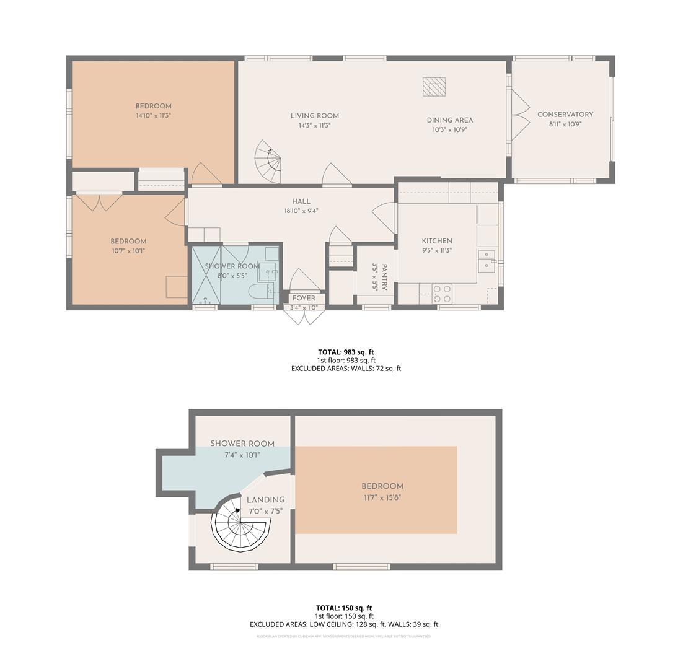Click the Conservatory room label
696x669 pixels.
point(565,115)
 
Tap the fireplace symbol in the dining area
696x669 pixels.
point(434,87)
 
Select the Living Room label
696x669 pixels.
point(315,116)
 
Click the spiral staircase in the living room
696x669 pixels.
point(270,163)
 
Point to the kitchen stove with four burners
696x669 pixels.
point(442,294)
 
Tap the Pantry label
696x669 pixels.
point(384,277)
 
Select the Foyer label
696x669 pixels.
point(304,298)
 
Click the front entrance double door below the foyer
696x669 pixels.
point(304,316)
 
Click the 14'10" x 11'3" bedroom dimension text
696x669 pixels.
point(153,115)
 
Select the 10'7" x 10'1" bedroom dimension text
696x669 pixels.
point(128,251)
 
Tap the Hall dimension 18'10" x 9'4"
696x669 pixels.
point(301,211)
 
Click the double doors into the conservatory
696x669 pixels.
point(519,115)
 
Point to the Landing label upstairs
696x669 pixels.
point(265,500)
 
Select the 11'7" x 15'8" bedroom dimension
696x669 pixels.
point(382,497)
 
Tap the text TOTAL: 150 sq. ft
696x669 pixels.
point(344,608)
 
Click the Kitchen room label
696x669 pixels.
point(437,241)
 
